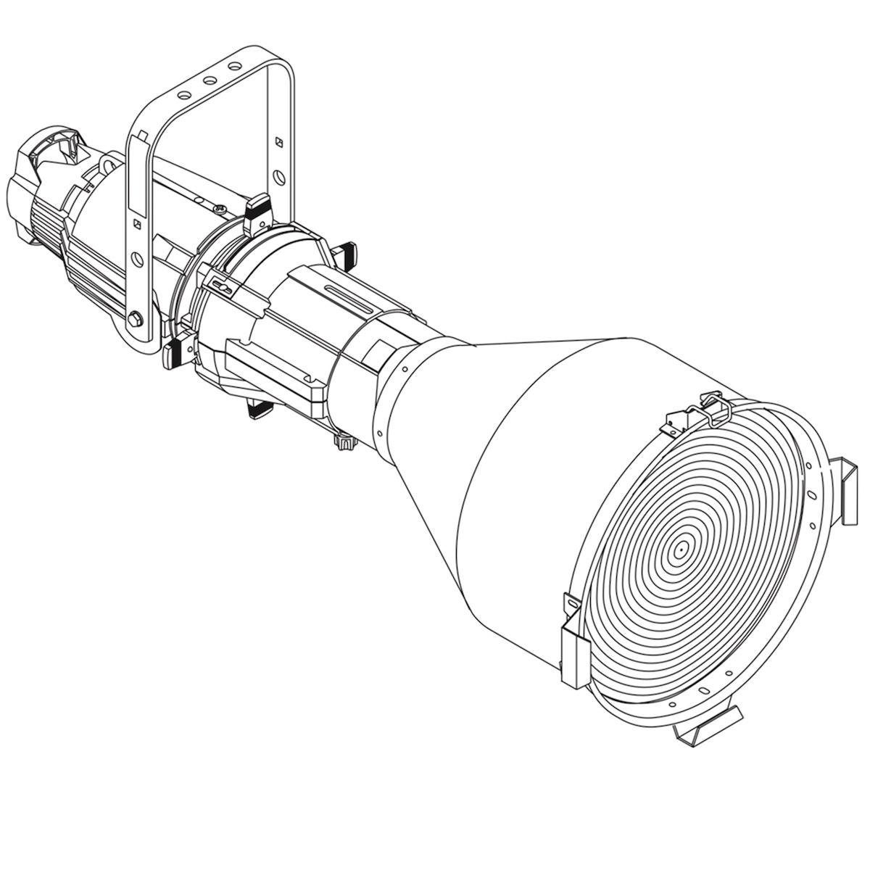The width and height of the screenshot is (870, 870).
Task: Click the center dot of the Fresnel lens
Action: (680, 549)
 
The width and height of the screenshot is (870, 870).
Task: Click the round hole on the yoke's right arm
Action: (278, 176)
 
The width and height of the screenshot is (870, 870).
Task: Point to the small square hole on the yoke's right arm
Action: (278, 142)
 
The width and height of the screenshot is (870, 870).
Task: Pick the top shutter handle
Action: (259, 209)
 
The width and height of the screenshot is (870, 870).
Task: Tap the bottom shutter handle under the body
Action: (259, 409)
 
